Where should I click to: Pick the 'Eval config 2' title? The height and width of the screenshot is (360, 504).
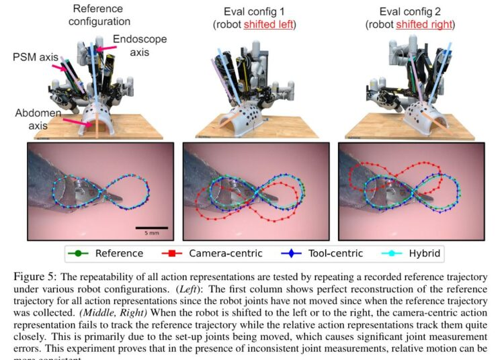412,11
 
